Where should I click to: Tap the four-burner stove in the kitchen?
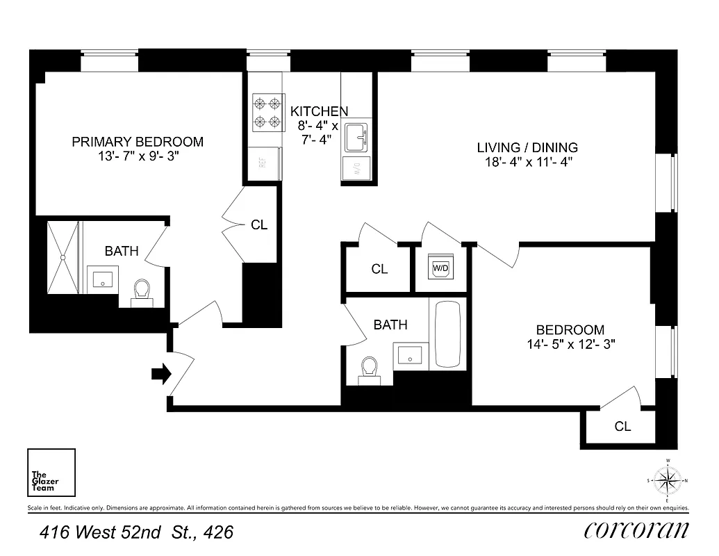[x=267, y=113]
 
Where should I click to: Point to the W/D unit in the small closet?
[x=440, y=268]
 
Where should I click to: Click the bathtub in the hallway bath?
[x=447, y=334]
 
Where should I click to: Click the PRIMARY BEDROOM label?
[x=138, y=142]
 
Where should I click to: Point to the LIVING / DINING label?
[x=527, y=147]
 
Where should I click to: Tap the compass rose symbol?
[x=667, y=480]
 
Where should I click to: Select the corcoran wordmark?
[x=636, y=530]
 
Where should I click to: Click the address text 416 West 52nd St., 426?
[x=136, y=533]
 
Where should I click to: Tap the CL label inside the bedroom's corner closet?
[x=622, y=427]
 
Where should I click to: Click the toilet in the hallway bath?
[x=370, y=368]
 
